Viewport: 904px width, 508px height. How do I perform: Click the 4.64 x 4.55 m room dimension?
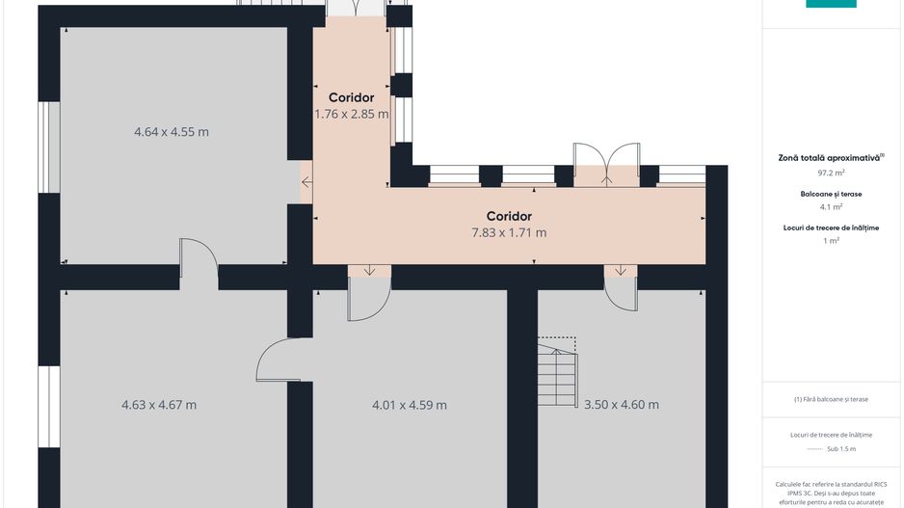click(x=172, y=132)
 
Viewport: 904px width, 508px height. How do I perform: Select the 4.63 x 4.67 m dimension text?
click(x=159, y=405)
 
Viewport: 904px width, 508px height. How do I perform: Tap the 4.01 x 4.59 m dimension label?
click(x=410, y=405)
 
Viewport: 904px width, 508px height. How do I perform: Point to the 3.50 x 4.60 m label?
click(x=622, y=405)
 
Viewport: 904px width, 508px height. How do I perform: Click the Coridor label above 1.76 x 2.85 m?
click(x=351, y=97)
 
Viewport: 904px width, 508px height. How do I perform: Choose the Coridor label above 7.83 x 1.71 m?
click(x=509, y=216)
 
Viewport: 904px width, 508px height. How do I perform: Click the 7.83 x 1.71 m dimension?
click(x=509, y=232)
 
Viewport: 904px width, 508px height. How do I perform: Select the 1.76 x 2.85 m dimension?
click(x=351, y=114)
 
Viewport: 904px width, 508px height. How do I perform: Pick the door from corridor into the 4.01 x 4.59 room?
click(x=368, y=294)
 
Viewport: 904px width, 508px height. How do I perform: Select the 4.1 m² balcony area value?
click(x=831, y=206)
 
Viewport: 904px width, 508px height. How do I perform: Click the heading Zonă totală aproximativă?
click(x=831, y=157)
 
